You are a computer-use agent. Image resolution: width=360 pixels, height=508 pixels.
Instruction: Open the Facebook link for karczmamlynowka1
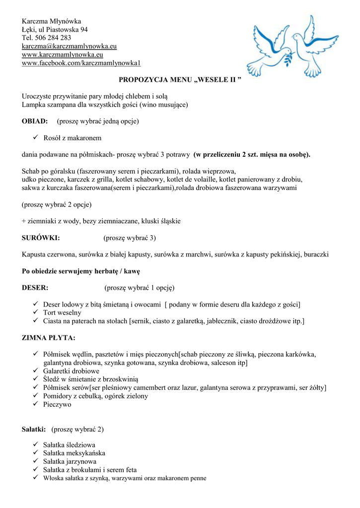tap(81, 63)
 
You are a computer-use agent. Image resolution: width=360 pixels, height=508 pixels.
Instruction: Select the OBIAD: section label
tap(35, 121)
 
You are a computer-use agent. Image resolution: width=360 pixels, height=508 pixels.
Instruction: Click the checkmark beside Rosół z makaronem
tap(35, 138)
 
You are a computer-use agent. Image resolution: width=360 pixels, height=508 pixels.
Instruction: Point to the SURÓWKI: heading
tap(41, 238)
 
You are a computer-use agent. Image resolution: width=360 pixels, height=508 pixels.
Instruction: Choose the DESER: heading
tap(35, 288)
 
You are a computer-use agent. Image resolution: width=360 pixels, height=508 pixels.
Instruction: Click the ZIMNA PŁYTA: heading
tap(49, 338)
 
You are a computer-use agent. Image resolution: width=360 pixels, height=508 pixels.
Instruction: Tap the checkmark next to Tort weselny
tap(35, 313)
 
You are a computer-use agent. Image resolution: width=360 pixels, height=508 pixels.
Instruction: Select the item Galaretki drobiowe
tap(71, 371)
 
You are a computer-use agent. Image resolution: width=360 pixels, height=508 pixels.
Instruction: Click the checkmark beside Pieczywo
tap(35, 405)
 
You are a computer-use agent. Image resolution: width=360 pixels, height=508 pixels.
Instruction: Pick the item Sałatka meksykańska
tap(74, 453)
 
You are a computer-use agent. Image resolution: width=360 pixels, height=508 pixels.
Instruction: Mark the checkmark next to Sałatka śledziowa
tap(35, 445)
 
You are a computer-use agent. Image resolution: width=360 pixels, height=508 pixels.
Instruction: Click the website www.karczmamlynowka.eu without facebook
tap(62, 55)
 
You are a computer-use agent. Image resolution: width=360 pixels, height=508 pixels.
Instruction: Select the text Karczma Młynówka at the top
tap(51, 21)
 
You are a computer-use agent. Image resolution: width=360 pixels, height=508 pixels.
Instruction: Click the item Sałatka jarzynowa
tap(70, 461)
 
